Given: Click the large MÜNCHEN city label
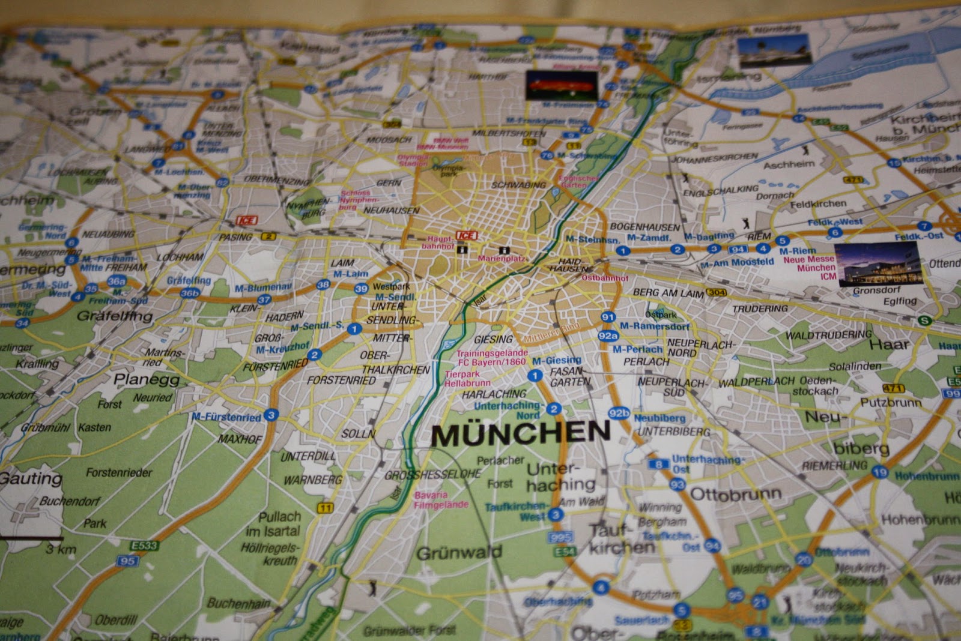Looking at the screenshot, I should click(x=520, y=433).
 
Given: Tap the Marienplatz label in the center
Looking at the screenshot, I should click(x=502, y=259).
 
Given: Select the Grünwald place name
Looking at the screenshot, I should click(x=459, y=553).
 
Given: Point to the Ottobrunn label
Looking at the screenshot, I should click(x=736, y=495).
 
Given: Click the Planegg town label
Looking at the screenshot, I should click(x=147, y=379).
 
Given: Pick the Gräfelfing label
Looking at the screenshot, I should click(x=115, y=316).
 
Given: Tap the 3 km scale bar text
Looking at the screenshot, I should click(x=61, y=549).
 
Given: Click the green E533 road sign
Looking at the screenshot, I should click(x=144, y=546).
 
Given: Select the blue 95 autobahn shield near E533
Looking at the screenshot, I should click(x=127, y=561).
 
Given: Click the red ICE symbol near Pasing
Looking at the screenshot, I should click(x=247, y=220).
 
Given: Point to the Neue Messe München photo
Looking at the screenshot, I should click(x=876, y=265).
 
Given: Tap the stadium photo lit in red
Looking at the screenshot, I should click(x=562, y=86).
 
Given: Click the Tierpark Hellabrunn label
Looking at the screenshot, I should click(x=467, y=378).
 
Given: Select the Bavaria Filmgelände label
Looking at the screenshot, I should click(x=440, y=500).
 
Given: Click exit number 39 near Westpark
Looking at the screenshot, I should click(x=361, y=289).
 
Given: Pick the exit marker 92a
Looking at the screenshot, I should click(x=608, y=336).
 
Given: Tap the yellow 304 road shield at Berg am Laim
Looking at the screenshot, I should click(x=716, y=293).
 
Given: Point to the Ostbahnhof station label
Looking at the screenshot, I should click(x=604, y=278).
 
